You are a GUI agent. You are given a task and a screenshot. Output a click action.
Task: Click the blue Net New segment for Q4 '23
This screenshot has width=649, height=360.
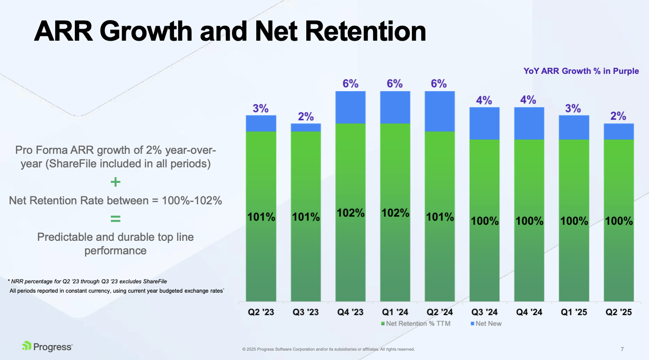point(350,107)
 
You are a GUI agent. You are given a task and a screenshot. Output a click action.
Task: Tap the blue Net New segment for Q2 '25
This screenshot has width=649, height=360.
point(619,131)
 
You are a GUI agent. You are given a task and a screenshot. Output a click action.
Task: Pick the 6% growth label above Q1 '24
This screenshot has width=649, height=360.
point(395,84)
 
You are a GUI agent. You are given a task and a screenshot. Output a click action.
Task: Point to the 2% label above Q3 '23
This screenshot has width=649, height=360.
point(306,116)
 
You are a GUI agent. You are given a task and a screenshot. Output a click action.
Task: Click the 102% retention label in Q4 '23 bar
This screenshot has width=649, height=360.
point(350,213)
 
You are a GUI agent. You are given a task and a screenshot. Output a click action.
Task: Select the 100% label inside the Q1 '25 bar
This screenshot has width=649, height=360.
point(574,221)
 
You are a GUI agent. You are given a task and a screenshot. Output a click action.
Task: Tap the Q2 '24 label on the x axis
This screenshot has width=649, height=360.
point(440,312)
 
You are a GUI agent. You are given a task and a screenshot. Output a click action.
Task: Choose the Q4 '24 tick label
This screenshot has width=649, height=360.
point(529,312)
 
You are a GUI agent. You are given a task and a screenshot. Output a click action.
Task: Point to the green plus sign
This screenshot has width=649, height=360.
point(115,182)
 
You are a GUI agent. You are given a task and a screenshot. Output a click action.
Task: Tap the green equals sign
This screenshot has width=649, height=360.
point(115,218)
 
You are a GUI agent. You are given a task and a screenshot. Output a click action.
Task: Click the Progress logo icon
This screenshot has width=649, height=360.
point(27,346)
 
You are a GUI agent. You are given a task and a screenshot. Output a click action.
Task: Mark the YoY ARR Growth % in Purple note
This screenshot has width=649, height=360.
point(581,72)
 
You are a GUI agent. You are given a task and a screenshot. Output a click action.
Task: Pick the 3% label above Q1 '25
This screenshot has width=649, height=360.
point(573,108)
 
